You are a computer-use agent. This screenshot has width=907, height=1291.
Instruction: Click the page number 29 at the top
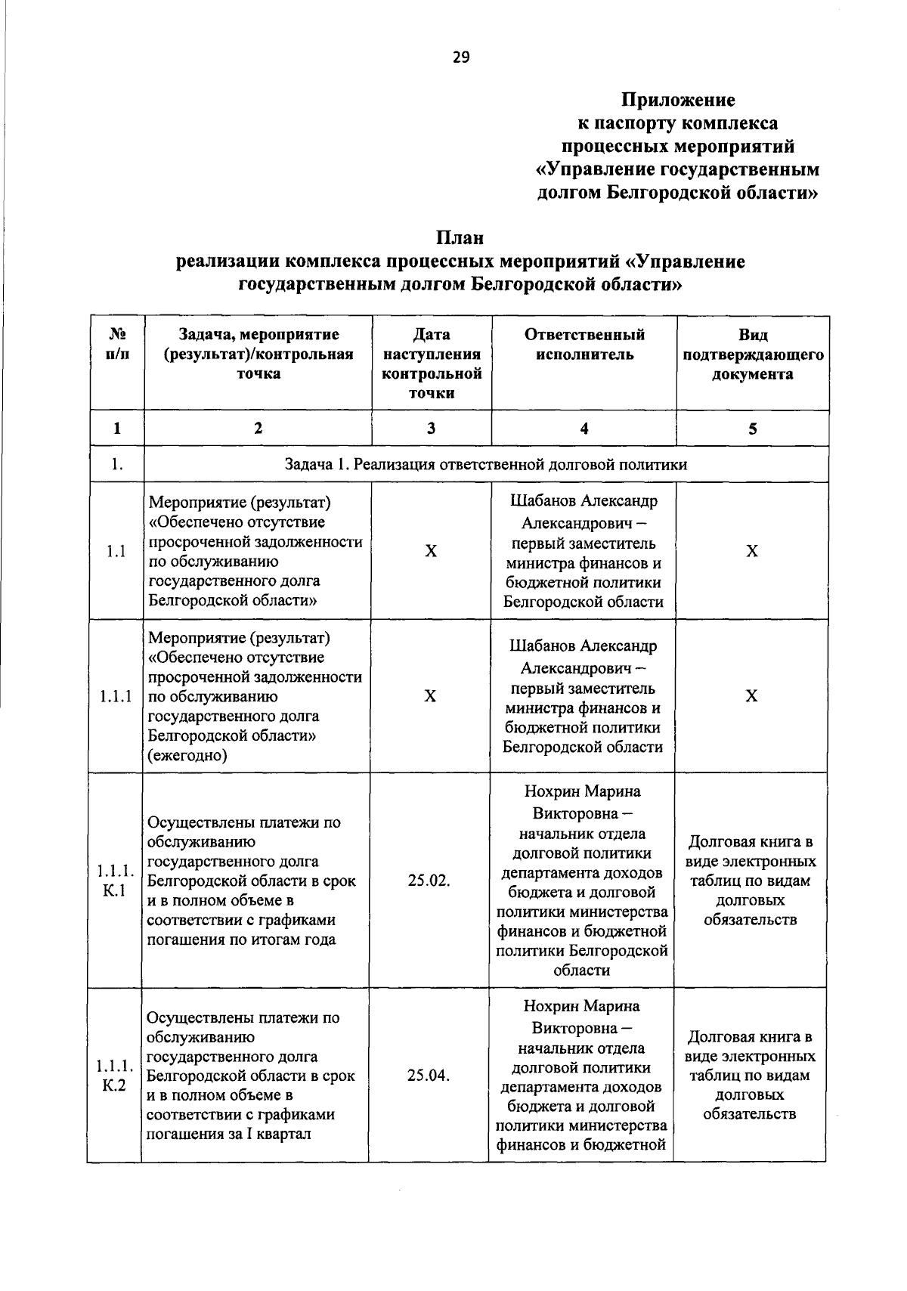coord(460,57)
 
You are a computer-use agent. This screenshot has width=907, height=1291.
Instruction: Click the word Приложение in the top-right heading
coord(677,100)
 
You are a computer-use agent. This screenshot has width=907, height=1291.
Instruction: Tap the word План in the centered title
coord(459,237)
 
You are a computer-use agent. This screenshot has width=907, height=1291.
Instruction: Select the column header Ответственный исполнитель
coord(584,345)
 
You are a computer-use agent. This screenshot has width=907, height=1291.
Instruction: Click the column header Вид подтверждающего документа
coord(752,354)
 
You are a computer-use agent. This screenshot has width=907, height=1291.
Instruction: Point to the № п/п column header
coord(117,345)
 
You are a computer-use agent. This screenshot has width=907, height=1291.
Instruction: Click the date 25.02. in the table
coord(429,881)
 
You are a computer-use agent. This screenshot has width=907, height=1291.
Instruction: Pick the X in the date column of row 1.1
coord(430,552)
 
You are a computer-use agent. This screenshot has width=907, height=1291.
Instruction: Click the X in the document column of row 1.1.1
coord(751,696)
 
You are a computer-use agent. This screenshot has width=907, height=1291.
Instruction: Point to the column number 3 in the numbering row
coord(431,429)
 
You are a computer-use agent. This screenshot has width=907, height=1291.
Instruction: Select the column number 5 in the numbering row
coord(752,429)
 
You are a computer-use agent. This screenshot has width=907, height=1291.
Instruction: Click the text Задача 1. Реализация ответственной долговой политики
coord(485,464)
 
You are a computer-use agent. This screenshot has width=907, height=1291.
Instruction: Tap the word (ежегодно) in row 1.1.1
coord(187,755)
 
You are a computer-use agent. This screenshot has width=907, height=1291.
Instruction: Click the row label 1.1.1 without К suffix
coord(116,696)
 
